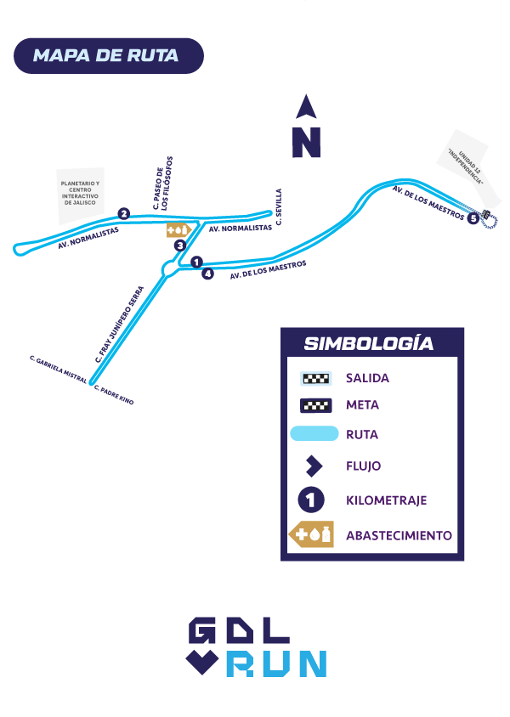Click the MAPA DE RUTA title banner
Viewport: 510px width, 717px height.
pos(108,56)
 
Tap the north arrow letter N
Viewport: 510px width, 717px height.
pos(306,142)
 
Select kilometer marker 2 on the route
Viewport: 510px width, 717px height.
pos(124,214)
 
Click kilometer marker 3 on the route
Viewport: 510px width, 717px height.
pos(180,246)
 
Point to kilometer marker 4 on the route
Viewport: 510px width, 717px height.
pos(207,274)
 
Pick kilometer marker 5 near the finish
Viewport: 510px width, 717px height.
pos(473,218)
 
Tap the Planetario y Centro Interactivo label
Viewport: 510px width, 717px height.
pos(80,195)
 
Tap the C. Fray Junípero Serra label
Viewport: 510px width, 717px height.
pos(118,324)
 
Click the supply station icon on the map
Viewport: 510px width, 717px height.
pos(178,229)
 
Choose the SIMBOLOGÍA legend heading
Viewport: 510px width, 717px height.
pos(369,344)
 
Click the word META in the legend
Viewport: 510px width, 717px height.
pos(362,405)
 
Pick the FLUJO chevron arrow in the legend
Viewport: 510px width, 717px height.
pos(314,466)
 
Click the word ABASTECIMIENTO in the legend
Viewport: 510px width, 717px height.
pos(399,536)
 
